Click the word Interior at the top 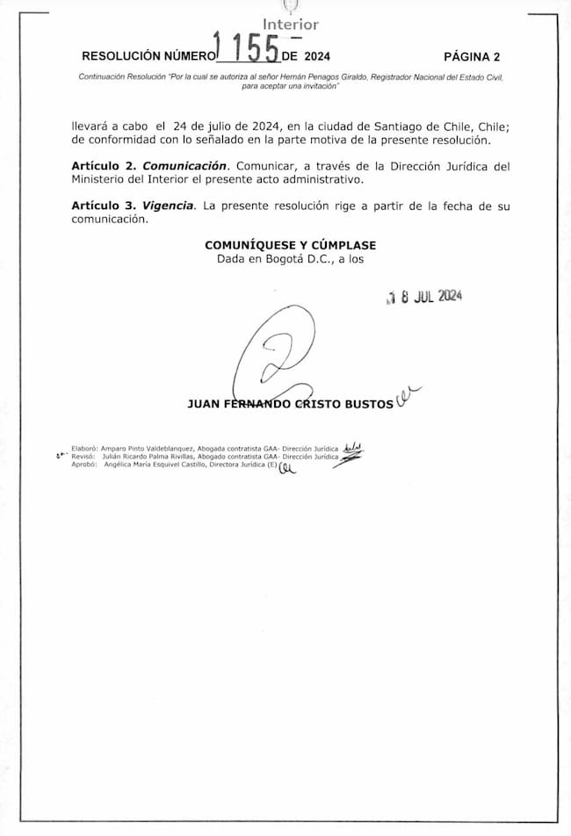tap(291, 25)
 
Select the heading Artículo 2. tap(105, 166)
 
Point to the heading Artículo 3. tap(105, 206)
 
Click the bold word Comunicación tap(185, 166)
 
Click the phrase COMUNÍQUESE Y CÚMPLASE tap(290, 245)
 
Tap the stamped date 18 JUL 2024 tap(424, 296)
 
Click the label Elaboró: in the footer tap(84, 446)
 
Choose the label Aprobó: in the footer tap(84, 466)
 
